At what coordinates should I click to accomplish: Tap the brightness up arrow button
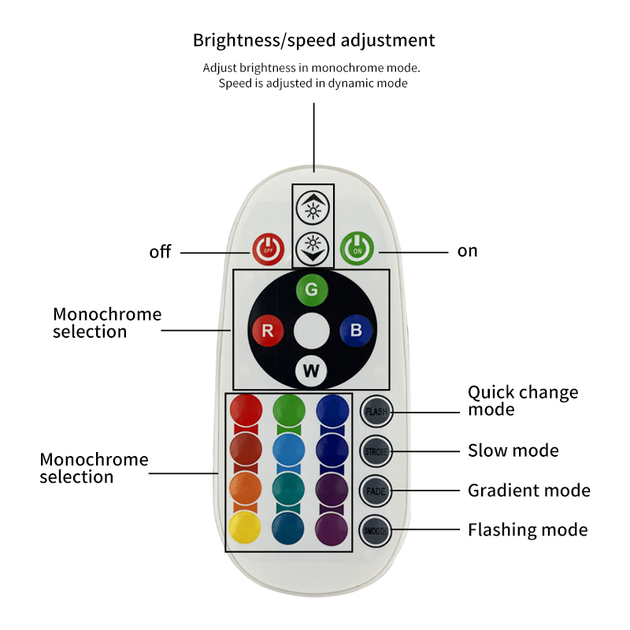313,207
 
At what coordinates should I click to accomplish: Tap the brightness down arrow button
313,248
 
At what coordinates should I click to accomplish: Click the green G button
312,289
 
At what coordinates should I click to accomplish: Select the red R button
268,331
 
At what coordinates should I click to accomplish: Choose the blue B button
355,331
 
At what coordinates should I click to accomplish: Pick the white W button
311,371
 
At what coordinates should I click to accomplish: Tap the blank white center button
311,331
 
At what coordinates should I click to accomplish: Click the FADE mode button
375,490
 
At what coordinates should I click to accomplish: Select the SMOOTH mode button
375,530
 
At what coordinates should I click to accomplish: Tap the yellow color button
245,528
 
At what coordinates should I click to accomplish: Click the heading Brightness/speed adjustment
313,40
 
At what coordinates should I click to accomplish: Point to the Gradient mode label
528,491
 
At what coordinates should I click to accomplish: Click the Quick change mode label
522,401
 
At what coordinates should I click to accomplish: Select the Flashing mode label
528,530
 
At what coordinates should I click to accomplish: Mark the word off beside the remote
160,253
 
